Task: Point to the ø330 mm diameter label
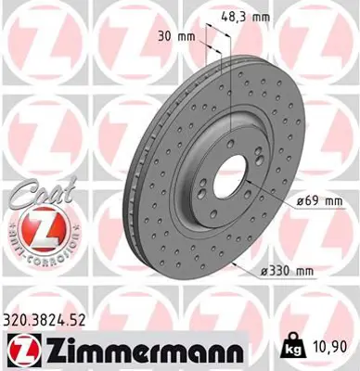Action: pyautogui.click(x=287, y=270)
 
